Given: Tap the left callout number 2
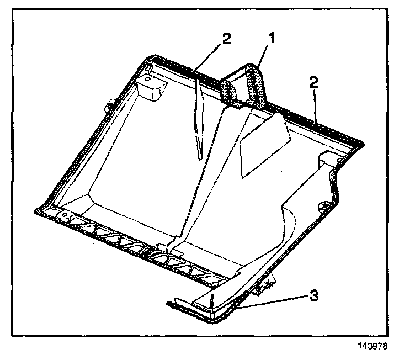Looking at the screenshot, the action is coord(225,39).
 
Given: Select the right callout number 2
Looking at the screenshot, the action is coord(313,83).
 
